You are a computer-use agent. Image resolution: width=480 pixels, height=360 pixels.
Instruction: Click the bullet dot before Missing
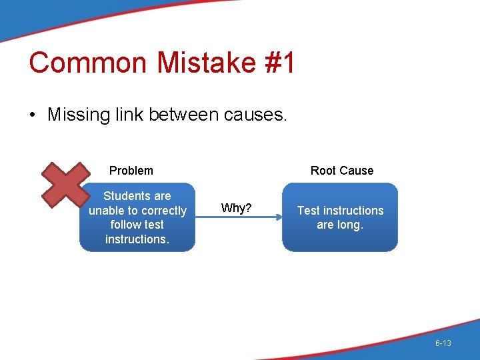point(33,115)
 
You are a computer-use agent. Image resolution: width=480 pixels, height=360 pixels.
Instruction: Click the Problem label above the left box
point(131,171)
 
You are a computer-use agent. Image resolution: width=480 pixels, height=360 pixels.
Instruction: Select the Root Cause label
point(342,171)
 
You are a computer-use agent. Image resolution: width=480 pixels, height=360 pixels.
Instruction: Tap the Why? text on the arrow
point(236,209)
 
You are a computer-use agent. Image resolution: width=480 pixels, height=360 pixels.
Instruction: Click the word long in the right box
point(350,225)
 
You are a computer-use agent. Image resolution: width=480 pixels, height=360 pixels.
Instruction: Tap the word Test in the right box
point(309,211)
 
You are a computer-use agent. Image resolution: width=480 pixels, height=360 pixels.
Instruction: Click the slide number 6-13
point(443,343)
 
